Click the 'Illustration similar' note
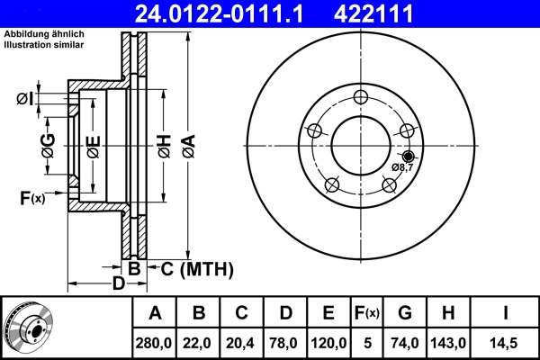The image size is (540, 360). click(43, 44)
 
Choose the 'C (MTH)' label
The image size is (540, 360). click(198, 268)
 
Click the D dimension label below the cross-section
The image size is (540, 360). click(117, 284)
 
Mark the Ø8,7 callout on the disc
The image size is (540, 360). click(402, 167)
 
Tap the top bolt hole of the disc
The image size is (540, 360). click(361, 97)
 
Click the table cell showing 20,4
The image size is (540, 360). click(242, 342)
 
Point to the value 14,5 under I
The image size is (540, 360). click(507, 342)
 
